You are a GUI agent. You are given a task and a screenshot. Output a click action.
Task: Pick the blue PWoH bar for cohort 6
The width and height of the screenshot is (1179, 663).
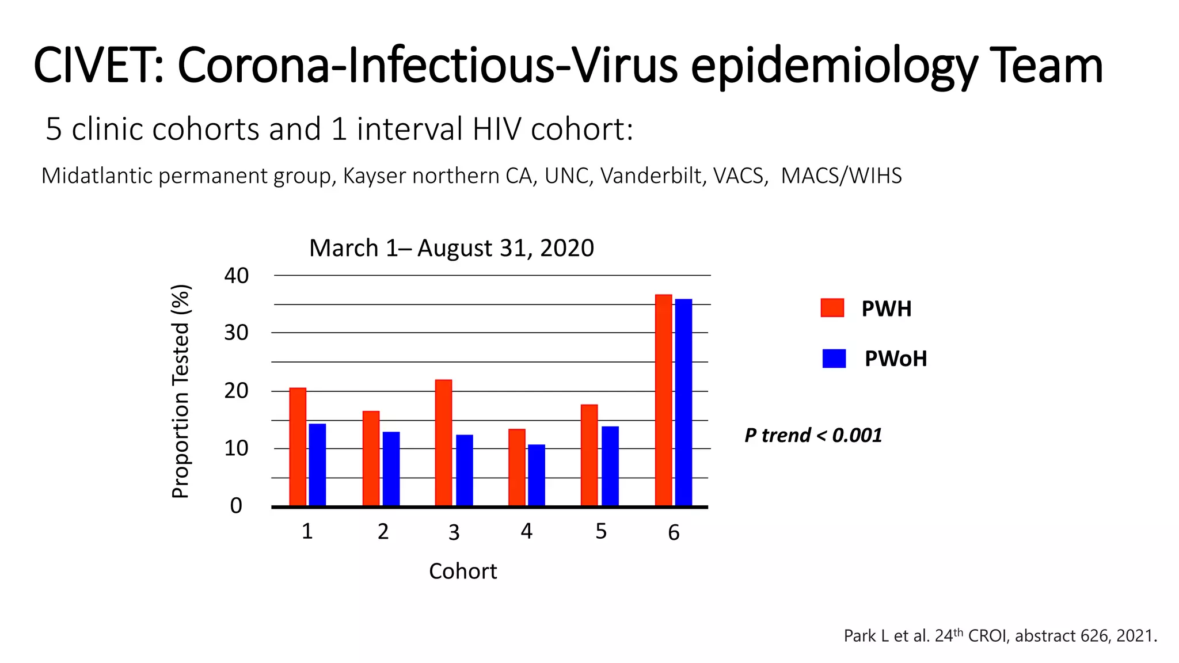pyautogui.click(x=683, y=402)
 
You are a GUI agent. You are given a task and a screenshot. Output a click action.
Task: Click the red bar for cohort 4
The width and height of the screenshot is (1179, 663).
pyautogui.click(x=516, y=467)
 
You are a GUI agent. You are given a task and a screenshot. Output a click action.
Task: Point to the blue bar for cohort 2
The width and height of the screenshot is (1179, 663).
pyautogui.click(x=391, y=468)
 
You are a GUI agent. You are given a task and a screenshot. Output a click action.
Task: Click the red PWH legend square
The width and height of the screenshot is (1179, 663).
pyautogui.click(x=832, y=308)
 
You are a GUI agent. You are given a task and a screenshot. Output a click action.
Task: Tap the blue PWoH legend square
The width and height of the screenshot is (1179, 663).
pyautogui.click(x=834, y=359)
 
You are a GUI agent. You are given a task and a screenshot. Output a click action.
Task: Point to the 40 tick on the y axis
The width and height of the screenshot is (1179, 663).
pyautogui.click(x=236, y=276)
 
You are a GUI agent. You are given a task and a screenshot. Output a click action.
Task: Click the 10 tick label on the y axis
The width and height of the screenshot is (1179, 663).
pyautogui.click(x=236, y=448)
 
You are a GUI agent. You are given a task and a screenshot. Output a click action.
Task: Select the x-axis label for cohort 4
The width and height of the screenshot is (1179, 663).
pyautogui.click(x=526, y=531)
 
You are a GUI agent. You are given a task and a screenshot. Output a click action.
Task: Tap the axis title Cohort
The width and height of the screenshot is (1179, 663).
pyautogui.click(x=463, y=571)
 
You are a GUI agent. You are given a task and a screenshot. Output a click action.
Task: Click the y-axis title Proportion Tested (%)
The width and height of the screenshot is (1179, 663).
pyautogui.click(x=181, y=391)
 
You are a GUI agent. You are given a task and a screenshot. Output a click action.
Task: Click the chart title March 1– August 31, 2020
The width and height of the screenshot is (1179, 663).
pyautogui.click(x=451, y=248)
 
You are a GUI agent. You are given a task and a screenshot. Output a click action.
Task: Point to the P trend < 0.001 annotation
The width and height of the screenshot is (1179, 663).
pyautogui.click(x=813, y=435)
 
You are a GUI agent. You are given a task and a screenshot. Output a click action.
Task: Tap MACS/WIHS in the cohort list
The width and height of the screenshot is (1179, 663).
pyautogui.click(x=841, y=176)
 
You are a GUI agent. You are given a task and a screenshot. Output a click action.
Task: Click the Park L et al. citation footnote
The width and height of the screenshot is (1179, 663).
pyautogui.click(x=1000, y=635)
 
